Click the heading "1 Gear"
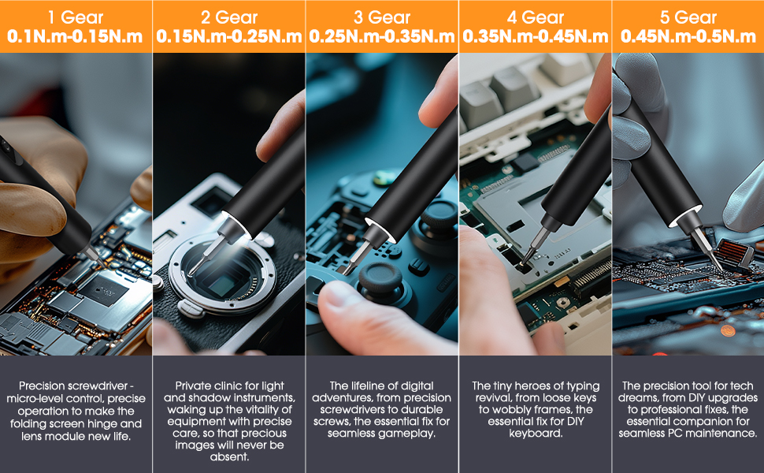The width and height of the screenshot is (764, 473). tap(76, 16)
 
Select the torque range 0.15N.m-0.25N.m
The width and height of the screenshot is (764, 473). tap(228, 36)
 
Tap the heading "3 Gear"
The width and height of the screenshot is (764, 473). tap(381, 16)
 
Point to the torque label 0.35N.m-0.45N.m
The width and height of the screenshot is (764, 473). tap(535, 36)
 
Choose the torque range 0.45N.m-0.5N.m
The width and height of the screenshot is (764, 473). tap(688, 36)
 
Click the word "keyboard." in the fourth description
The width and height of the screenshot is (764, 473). tap(535, 434)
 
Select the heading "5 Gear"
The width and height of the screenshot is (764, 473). tap(688, 16)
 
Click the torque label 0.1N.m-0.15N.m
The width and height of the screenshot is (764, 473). tap(76, 36)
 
